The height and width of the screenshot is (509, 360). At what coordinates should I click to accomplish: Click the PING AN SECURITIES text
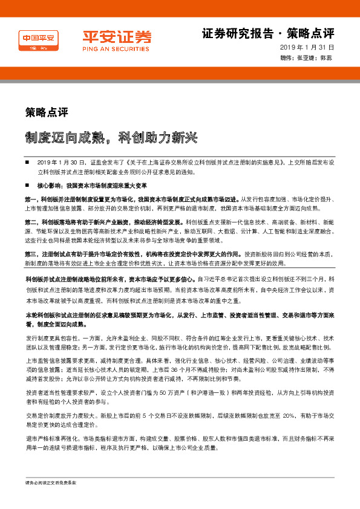pos(110,48)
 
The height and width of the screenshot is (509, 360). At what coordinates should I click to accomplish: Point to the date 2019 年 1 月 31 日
pos(307,47)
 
